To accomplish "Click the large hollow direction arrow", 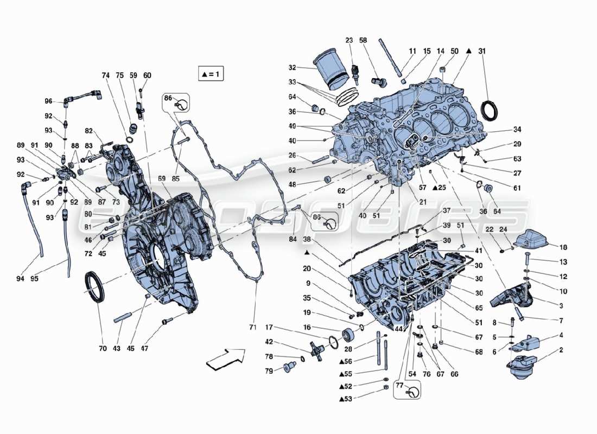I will pyautogui.click(x=225, y=359).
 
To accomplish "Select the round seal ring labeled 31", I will pyautogui.click(x=492, y=111).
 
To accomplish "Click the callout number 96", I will pyautogui.click(x=49, y=101).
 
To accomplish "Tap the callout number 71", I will pyautogui.click(x=252, y=327).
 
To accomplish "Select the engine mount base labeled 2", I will pyautogui.click(x=523, y=365).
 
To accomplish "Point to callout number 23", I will pyautogui.click(x=349, y=40).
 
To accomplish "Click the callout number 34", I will pyautogui.click(x=516, y=130).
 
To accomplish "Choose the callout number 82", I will pyautogui.click(x=89, y=131).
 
